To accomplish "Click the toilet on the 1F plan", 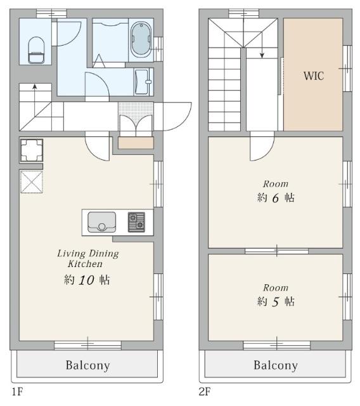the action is pos(36,50).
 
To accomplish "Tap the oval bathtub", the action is pos(141,39).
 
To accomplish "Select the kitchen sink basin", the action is pos(101,222).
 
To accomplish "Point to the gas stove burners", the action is pos(136,222).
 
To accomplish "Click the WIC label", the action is pos(314,76).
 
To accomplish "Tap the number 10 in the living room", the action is pos(86,280).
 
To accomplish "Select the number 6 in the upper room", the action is pos(276,198).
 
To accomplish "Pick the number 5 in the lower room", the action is pos(276,302).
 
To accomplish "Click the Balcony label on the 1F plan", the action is pos(88,365).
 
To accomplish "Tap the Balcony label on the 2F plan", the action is pos(276,365).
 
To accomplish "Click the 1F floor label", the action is pos(17,391).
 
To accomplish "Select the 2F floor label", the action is pos(205,391).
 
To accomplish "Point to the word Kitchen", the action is pos(85,264).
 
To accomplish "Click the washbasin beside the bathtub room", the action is pos(142,82).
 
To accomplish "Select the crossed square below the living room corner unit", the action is pos(31,182).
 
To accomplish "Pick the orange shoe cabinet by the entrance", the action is pos(136,143).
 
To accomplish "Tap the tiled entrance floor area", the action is pos(136,109).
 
